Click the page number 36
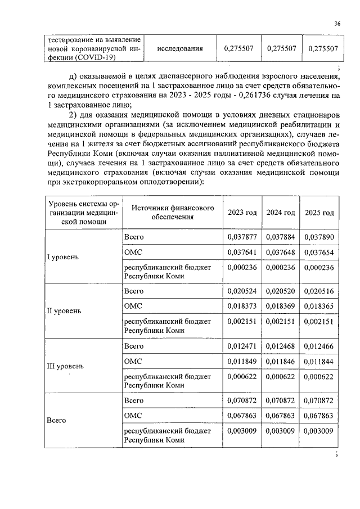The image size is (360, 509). [337, 23]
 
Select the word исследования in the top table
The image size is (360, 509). [180, 49]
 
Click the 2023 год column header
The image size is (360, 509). [242, 213]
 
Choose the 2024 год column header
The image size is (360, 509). [280, 213]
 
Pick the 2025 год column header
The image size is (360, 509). [319, 213]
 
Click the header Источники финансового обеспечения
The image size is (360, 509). [173, 212]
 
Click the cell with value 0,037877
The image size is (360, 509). [242, 237]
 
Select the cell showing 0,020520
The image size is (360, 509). [280, 291]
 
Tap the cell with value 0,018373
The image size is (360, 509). [242, 305]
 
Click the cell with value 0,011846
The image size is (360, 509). [280, 360]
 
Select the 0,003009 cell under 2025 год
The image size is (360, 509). [319, 431]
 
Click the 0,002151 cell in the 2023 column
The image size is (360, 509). [242, 322]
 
